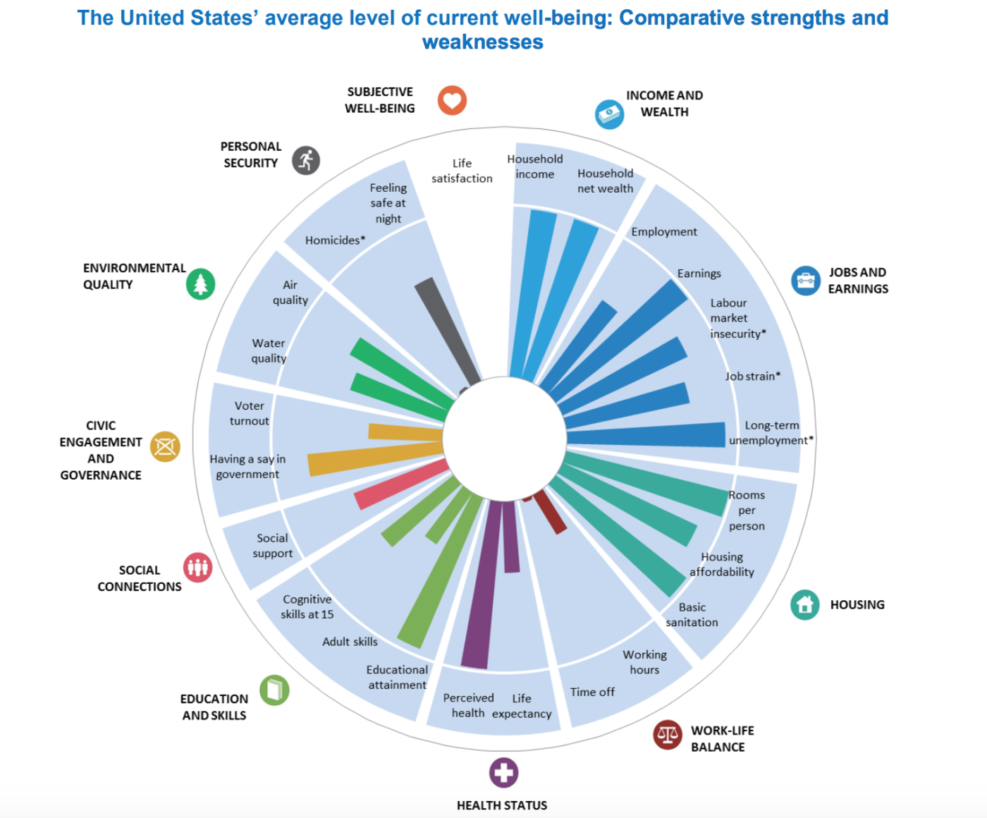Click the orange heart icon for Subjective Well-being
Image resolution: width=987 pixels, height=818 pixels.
[x=452, y=100]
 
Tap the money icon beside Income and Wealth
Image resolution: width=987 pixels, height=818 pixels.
[x=609, y=114]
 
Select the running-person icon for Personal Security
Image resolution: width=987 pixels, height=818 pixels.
[x=306, y=161]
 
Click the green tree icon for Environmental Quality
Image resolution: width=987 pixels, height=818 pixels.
[x=201, y=284]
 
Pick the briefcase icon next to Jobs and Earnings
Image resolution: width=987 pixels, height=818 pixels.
[x=805, y=281]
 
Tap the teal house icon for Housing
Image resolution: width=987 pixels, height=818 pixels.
[x=804, y=605]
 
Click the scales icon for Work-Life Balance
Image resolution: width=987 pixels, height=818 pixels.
[x=667, y=735]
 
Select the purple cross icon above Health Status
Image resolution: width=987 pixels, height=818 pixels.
[x=503, y=773]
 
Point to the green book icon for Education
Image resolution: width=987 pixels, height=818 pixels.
[x=274, y=690]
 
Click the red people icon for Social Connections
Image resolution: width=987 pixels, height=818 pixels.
[x=198, y=567]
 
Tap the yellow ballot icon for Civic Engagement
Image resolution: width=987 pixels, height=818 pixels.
[x=165, y=446]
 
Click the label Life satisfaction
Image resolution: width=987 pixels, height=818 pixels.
[x=462, y=171]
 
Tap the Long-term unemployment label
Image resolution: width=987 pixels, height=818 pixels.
[x=771, y=433]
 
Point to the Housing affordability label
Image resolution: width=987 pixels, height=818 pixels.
[x=722, y=564]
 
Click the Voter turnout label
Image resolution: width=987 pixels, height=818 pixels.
[x=250, y=413]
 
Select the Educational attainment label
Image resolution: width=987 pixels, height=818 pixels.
[x=397, y=677]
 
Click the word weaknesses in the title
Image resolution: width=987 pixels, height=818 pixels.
[x=483, y=42]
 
